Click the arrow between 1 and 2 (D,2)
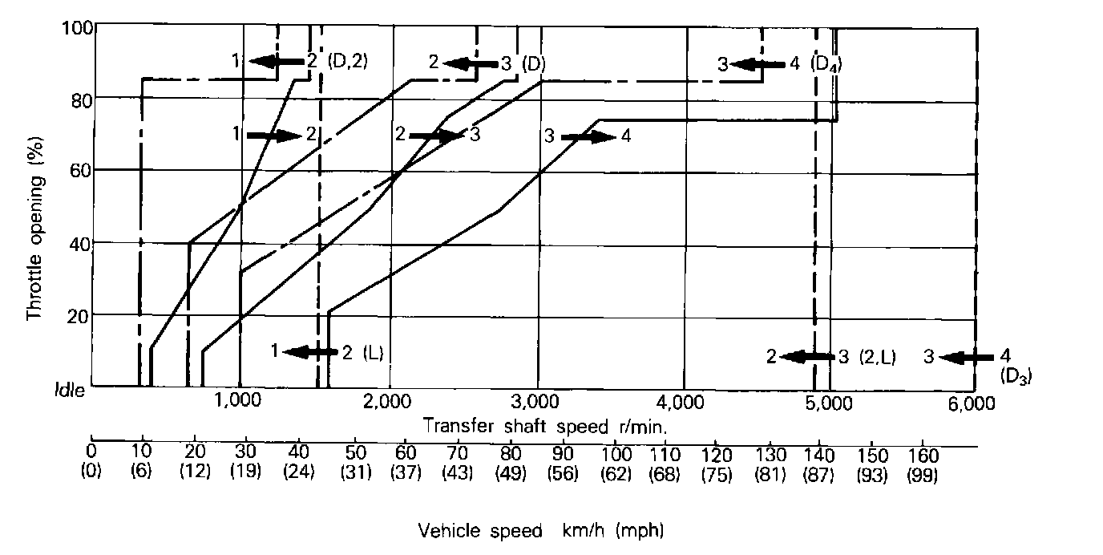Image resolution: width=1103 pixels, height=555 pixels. click(x=272, y=61)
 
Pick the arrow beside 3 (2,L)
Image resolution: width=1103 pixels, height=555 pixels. click(x=808, y=357)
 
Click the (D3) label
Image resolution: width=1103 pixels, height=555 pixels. click(x=1014, y=373)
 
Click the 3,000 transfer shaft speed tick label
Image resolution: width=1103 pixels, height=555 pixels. click(x=535, y=403)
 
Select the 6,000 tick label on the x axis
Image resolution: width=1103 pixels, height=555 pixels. click(x=975, y=403)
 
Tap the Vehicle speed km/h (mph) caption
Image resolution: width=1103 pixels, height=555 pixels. click(x=541, y=530)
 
